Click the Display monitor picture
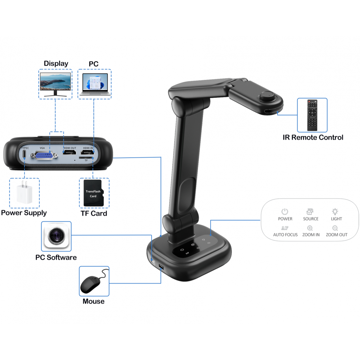point(55,84)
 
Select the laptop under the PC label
point(95,84)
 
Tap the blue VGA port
point(44,156)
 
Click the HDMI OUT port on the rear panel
point(69,152)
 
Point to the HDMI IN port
point(87,152)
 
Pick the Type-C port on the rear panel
point(24,154)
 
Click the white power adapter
point(24,192)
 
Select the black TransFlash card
point(94,193)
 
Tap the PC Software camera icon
point(56,236)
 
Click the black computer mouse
point(93,283)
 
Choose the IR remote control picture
point(312,115)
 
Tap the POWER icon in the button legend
point(285,211)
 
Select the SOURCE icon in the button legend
point(310,211)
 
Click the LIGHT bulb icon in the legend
point(335,211)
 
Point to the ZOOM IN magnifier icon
point(310,228)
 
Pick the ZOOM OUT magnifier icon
point(335,228)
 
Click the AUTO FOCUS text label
point(285,235)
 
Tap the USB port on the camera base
point(161,267)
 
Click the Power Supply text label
point(24,213)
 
